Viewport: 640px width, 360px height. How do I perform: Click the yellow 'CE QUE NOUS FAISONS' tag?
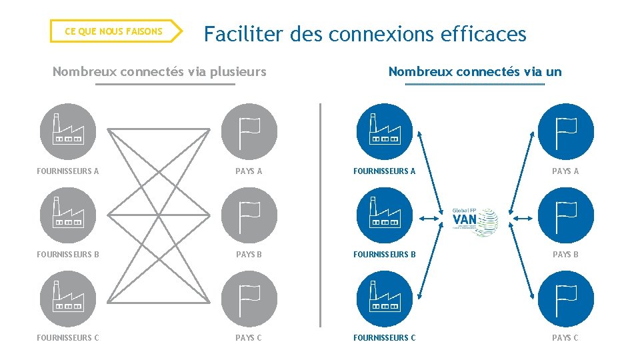113,31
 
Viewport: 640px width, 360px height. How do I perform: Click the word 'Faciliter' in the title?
243,34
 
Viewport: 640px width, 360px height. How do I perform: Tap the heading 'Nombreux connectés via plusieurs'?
159,71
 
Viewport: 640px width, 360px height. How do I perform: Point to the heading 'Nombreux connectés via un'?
475,71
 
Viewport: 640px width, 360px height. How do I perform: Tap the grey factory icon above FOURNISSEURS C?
67,299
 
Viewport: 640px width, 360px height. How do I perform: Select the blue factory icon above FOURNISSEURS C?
383,299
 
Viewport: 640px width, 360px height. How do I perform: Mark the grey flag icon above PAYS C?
249,299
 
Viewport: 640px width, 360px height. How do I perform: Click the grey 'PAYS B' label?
249,255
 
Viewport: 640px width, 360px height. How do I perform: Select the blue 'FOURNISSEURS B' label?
384,255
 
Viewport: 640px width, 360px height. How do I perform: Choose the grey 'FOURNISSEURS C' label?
68,338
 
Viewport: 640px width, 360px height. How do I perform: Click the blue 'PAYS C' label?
565,338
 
